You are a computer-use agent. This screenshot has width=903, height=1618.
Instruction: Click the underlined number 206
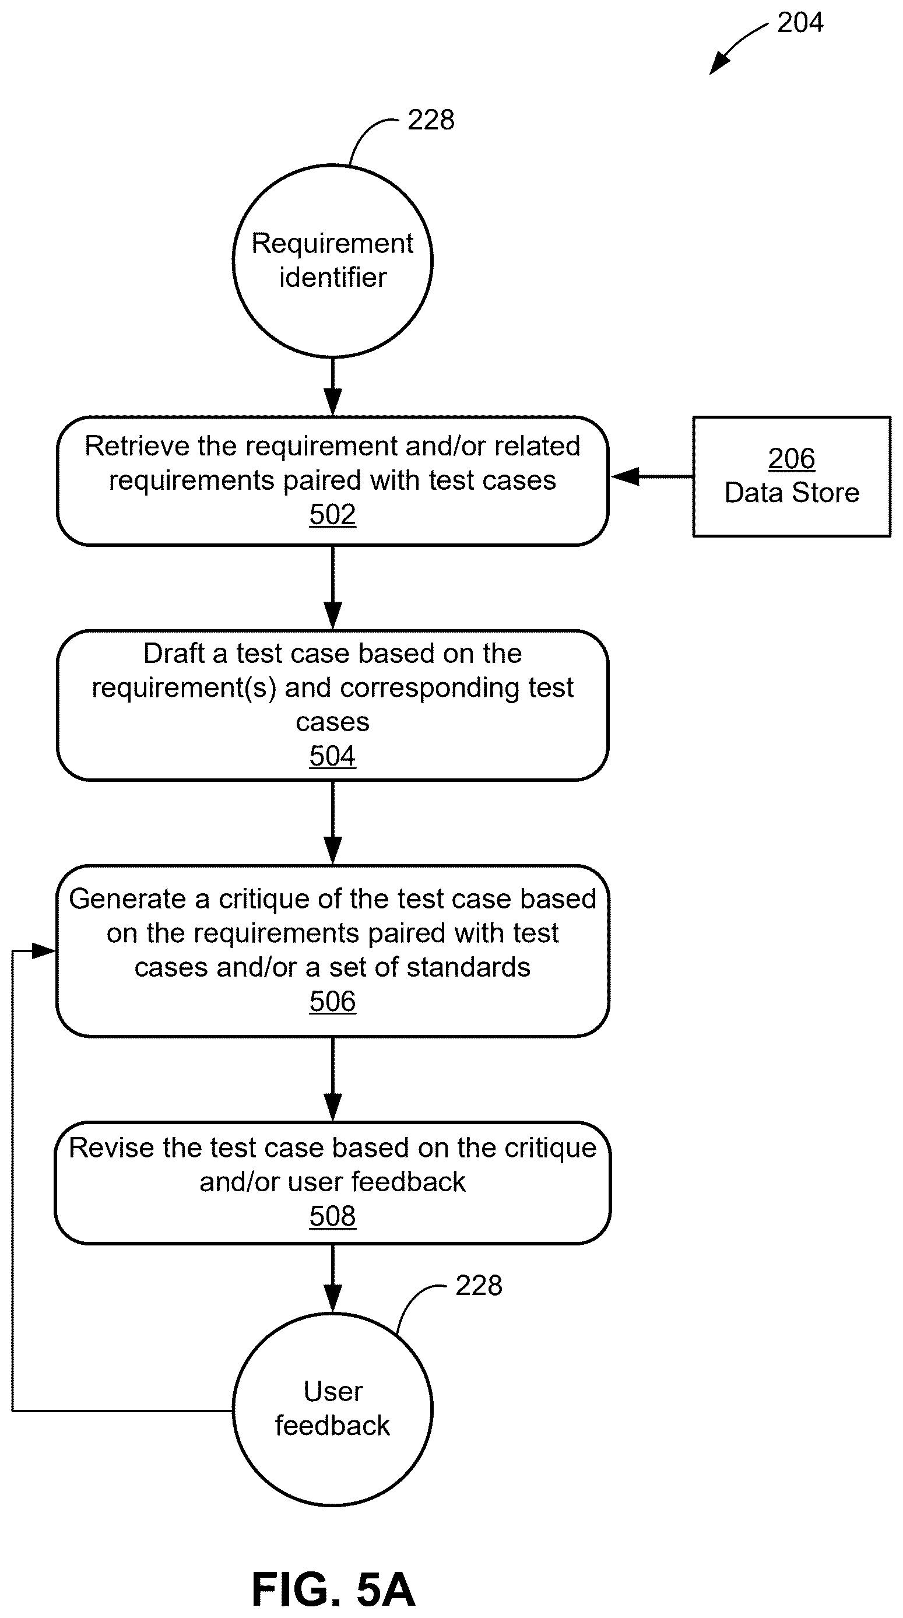[x=791, y=458]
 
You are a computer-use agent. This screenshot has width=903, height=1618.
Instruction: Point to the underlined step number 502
[x=332, y=514]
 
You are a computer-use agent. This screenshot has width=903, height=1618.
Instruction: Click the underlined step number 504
[x=332, y=756]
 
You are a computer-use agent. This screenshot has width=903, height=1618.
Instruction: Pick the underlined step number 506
[x=332, y=1001]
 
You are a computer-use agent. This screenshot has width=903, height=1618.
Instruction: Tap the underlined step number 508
[x=332, y=1216]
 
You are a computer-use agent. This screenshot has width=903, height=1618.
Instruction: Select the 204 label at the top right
[x=800, y=23]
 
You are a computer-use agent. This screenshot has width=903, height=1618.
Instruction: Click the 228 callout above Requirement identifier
[x=431, y=120]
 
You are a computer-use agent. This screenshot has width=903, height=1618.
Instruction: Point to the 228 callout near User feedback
[x=479, y=1286]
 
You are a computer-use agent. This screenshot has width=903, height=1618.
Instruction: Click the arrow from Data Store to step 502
[x=651, y=476]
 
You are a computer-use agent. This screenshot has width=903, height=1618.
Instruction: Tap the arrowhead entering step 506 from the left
[x=43, y=951]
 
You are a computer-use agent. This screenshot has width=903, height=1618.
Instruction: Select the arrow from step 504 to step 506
[x=332, y=822]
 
